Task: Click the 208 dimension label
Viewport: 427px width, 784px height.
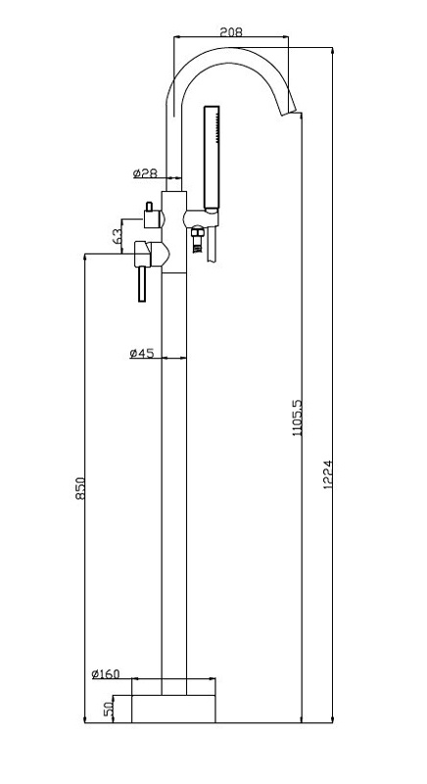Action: (231, 32)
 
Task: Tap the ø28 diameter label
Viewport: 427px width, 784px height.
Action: (145, 173)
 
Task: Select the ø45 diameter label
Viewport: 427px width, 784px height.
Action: (141, 354)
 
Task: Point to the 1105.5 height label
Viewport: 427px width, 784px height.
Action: (297, 417)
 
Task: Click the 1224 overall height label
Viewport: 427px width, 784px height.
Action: (328, 474)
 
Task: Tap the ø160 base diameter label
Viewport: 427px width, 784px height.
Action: (106, 673)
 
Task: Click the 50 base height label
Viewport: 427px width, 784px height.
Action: (109, 709)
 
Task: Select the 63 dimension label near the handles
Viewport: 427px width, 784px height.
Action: (117, 236)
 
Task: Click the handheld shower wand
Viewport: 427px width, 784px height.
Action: (212, 157)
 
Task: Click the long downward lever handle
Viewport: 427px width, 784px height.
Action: (142, 283)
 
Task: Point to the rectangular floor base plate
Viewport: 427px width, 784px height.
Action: (173, 709)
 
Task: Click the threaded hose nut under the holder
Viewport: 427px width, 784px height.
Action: (198, 238)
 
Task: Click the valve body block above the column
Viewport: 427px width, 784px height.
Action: (173, 232)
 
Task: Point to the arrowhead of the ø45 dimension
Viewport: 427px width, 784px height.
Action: (183, 358)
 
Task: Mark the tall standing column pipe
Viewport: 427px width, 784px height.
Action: (173, 483)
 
